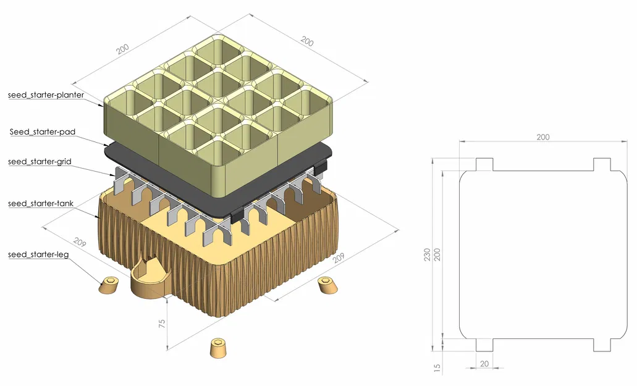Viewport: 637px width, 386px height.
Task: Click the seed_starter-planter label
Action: click(46, 95)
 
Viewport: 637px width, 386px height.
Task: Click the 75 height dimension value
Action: click(162, 325)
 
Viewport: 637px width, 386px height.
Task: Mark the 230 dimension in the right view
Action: click(427, 254)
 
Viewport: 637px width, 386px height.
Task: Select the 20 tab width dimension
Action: click(484, 364)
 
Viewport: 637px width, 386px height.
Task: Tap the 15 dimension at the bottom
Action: click(438, 368)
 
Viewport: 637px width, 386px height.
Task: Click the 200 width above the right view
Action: click(542, 137)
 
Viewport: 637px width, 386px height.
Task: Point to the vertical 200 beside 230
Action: click(437, 254)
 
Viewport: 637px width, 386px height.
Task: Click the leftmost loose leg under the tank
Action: click(109, 286)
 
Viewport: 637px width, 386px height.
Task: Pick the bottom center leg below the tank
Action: click(218, 348)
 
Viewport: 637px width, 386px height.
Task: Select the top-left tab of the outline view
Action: click(484, 164)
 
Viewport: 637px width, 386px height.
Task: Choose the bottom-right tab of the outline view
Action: click(602, 345)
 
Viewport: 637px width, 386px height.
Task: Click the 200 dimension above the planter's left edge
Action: click(123, 48)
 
